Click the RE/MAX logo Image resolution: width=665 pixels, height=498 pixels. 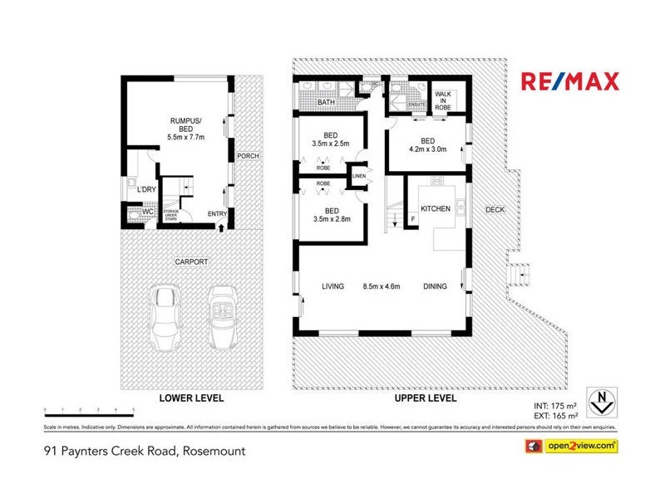tap(570, 81)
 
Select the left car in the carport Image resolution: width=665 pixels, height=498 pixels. tap(165, 318)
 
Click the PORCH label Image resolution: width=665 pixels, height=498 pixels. tap(247, 157)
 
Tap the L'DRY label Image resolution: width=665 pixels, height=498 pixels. tap(147, 190)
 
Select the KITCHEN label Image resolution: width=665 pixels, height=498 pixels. tap(436, 209)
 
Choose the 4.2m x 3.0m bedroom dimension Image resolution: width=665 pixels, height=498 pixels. tap(428, 150)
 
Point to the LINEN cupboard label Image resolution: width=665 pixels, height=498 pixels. tap(359, 176)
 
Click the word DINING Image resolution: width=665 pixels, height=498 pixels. tap(434, 287)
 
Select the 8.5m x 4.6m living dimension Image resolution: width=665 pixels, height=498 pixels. tap(382, 287)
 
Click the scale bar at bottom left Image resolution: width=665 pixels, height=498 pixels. tap(90, 409)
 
